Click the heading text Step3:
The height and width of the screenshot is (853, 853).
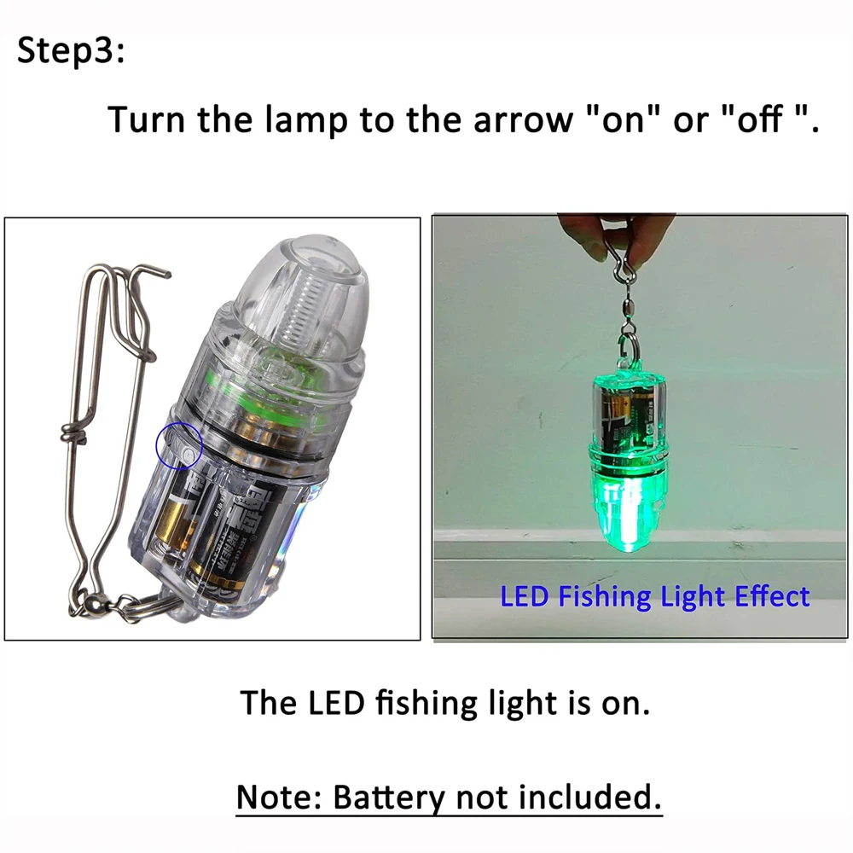point(71,51)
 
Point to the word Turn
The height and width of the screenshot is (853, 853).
point(146,119)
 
